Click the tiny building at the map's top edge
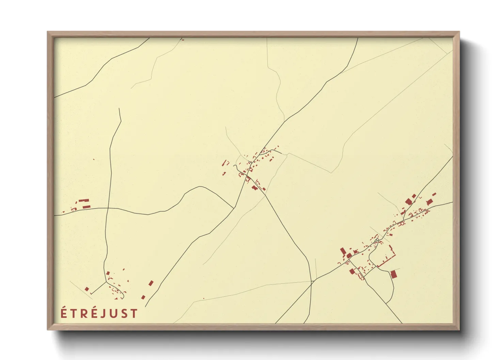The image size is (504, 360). [183, 40]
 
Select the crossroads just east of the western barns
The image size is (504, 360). [108, 208]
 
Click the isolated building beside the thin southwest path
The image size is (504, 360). [87, 289]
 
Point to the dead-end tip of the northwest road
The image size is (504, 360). [119, 109]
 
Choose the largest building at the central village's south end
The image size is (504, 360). [254, 187]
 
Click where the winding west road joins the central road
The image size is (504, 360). [233, 208]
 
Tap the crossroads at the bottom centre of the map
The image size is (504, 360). [312, 281]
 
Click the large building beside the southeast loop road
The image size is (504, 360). [393, 274]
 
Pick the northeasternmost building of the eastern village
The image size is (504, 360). [434, 194]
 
